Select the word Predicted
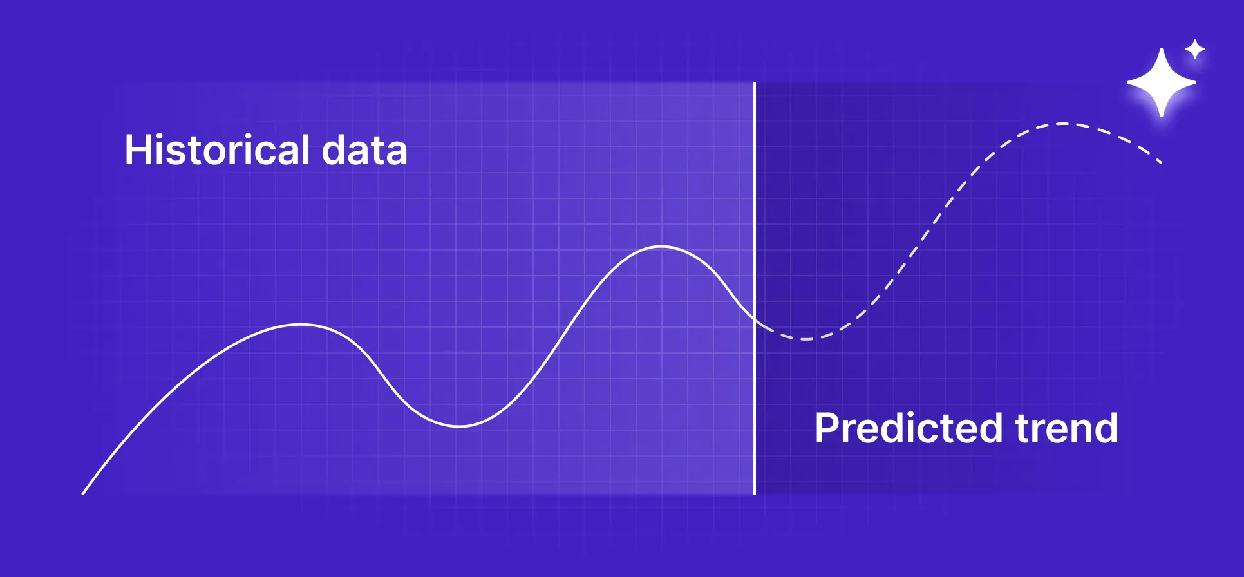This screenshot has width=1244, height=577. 908,429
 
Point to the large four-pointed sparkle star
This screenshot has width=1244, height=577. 1162,82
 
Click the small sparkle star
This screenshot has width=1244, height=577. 1195,49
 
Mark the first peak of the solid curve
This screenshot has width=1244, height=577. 301,325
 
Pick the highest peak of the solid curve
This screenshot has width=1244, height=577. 662,247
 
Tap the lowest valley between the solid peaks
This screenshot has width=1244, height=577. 459,426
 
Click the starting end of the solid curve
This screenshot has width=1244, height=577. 83,494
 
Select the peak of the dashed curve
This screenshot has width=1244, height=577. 1062,124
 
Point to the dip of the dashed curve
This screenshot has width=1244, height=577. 805,339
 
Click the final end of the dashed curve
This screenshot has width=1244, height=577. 1161,163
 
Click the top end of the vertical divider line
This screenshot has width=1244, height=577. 755,84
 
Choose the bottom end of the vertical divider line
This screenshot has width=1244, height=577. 755,493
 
